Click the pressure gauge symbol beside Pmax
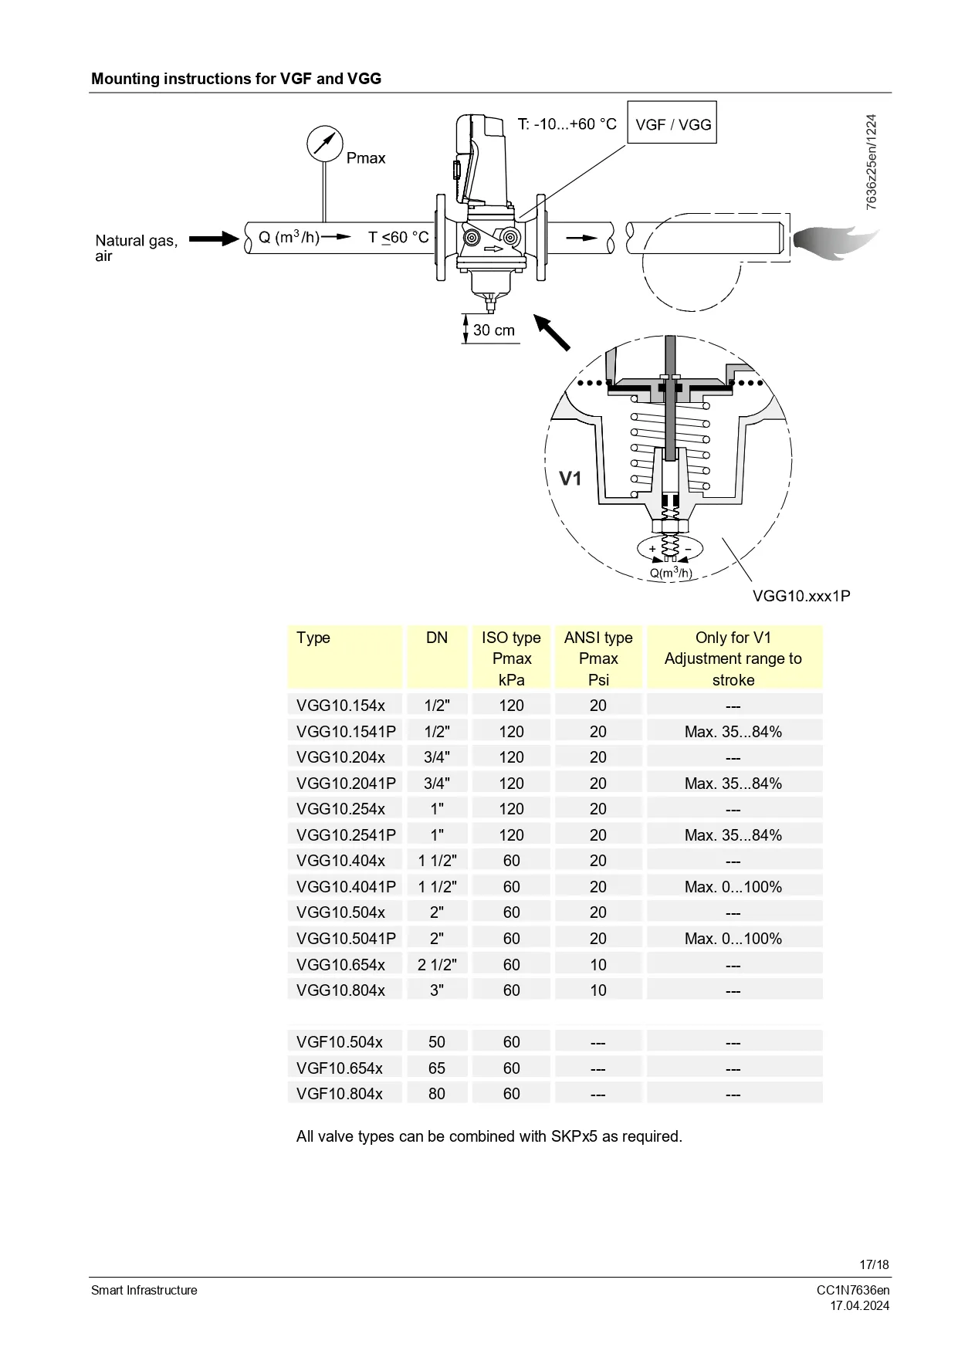pos(324,144)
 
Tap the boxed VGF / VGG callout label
pos(672,124)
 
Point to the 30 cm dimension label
pos(494,330)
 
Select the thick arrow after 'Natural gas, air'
pos(214,239)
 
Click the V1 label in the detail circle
pos(570,479)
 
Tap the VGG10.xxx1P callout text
pos(801,596)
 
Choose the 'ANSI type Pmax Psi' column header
pos(598,658)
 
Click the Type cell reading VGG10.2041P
pos(346,784)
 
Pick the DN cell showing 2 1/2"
pos(437,965)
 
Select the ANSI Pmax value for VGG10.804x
pos(598,990)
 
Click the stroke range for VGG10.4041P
pos(733,887)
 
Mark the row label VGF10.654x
pos(340,1068)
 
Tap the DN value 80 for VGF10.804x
pos(437,1094)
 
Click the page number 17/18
pos(874,1264)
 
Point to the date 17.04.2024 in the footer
pos(859,1306)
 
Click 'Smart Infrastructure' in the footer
pos(144,1291)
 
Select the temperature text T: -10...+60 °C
pos(567,124)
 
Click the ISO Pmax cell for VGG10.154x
pos(511,706)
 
